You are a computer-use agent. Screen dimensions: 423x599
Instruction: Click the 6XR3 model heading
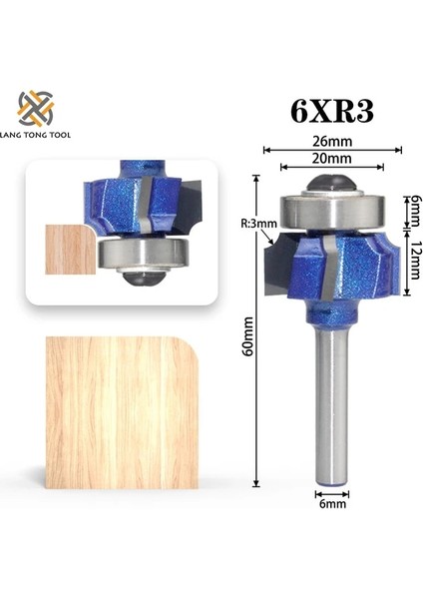pyautogui.click(x=332, y=111)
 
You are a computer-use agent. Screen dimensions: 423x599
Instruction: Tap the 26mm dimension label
pyautogui.click(x=332, y=142)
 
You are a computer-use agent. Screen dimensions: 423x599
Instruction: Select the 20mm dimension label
pyautogui.click(x=332, y=158)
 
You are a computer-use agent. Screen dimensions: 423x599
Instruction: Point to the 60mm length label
pyautogui.click(x=248, y=336)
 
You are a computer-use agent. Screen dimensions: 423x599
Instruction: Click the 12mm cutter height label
pyautogui.click(x=415, y=261)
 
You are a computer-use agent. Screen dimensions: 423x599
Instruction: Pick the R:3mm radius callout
pyautogui.click(x=258, y=223)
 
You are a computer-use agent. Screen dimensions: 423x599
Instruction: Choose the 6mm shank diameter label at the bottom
pyautogui.click(x=332, y=504)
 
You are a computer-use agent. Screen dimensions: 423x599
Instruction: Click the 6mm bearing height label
pyautogui.click(x=415, y=210)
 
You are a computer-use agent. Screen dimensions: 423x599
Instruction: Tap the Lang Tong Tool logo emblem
pyautogui.click(x=36, y=109)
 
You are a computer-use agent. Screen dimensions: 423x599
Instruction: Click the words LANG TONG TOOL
pyautogui.click(x=35, y=135)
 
